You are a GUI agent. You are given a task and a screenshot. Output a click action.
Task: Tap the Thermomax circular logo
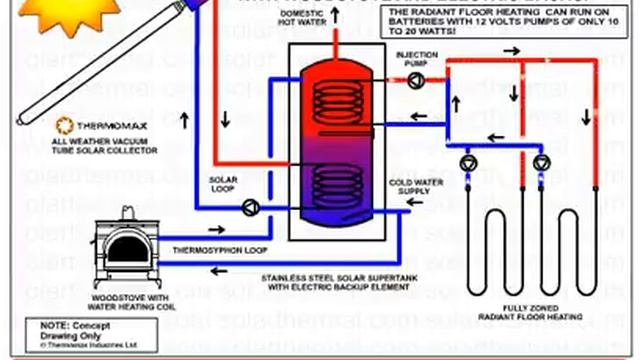tap(63, 127)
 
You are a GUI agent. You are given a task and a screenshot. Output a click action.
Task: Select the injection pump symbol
tap(413, 77)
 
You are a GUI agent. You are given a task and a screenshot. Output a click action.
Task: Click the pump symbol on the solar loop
tap(247, 207)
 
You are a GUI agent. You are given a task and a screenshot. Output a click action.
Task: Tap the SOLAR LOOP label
tap(223, 185)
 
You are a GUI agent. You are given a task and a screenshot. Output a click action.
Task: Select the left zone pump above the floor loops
tap(468, 162)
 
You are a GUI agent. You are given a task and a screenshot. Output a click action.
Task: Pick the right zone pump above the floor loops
tap(541, 162)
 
